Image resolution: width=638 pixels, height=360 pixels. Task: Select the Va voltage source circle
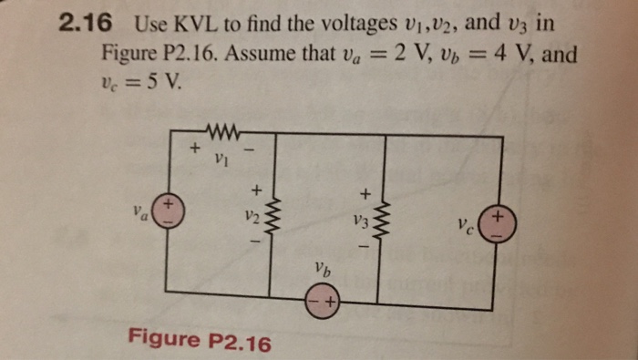tap(166, 212)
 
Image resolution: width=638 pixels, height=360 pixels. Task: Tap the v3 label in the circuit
tap(361, 221)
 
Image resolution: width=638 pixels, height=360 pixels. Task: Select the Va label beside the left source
tap(138, 215)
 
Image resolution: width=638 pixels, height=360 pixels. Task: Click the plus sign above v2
tap(256, 190)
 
